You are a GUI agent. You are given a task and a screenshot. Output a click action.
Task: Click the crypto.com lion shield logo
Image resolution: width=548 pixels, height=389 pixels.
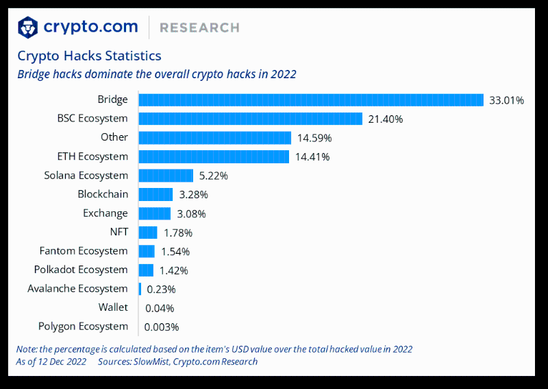point(27,27)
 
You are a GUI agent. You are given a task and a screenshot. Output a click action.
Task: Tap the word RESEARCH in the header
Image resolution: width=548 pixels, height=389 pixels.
point(199,28)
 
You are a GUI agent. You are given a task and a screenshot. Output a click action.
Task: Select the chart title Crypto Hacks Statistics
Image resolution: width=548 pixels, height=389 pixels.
point(89,56)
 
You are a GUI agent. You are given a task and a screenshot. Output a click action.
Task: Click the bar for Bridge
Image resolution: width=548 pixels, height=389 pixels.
point(311,100)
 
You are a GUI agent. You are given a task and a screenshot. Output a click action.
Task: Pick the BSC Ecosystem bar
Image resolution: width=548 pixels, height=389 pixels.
point(250,119)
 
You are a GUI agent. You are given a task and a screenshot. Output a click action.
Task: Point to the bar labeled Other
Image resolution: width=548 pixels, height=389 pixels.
point(214,138)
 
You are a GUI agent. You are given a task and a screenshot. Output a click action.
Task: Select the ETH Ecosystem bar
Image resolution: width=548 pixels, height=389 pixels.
point(214,156)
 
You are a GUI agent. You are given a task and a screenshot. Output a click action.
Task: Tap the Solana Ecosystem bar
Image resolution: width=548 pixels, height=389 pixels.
point(166,176)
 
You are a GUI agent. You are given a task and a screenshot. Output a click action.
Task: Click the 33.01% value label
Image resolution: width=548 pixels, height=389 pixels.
point(506,101)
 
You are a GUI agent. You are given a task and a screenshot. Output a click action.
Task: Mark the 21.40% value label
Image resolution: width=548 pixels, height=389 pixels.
point(385,119)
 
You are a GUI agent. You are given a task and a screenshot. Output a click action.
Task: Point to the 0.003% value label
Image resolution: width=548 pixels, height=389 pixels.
point(162,327)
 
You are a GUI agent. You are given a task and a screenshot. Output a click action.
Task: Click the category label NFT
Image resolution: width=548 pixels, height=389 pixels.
point(119,232)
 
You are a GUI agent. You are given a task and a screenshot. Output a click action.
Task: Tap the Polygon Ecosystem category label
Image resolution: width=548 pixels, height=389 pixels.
point(83,327)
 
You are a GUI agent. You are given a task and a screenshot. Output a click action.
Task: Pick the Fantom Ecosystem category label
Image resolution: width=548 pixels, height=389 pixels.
point(84,251)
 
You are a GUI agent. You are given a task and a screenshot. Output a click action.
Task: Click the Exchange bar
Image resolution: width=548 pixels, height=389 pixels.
point(154,213)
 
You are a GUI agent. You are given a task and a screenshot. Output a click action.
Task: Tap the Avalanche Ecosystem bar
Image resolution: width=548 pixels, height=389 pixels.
point(140,289)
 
